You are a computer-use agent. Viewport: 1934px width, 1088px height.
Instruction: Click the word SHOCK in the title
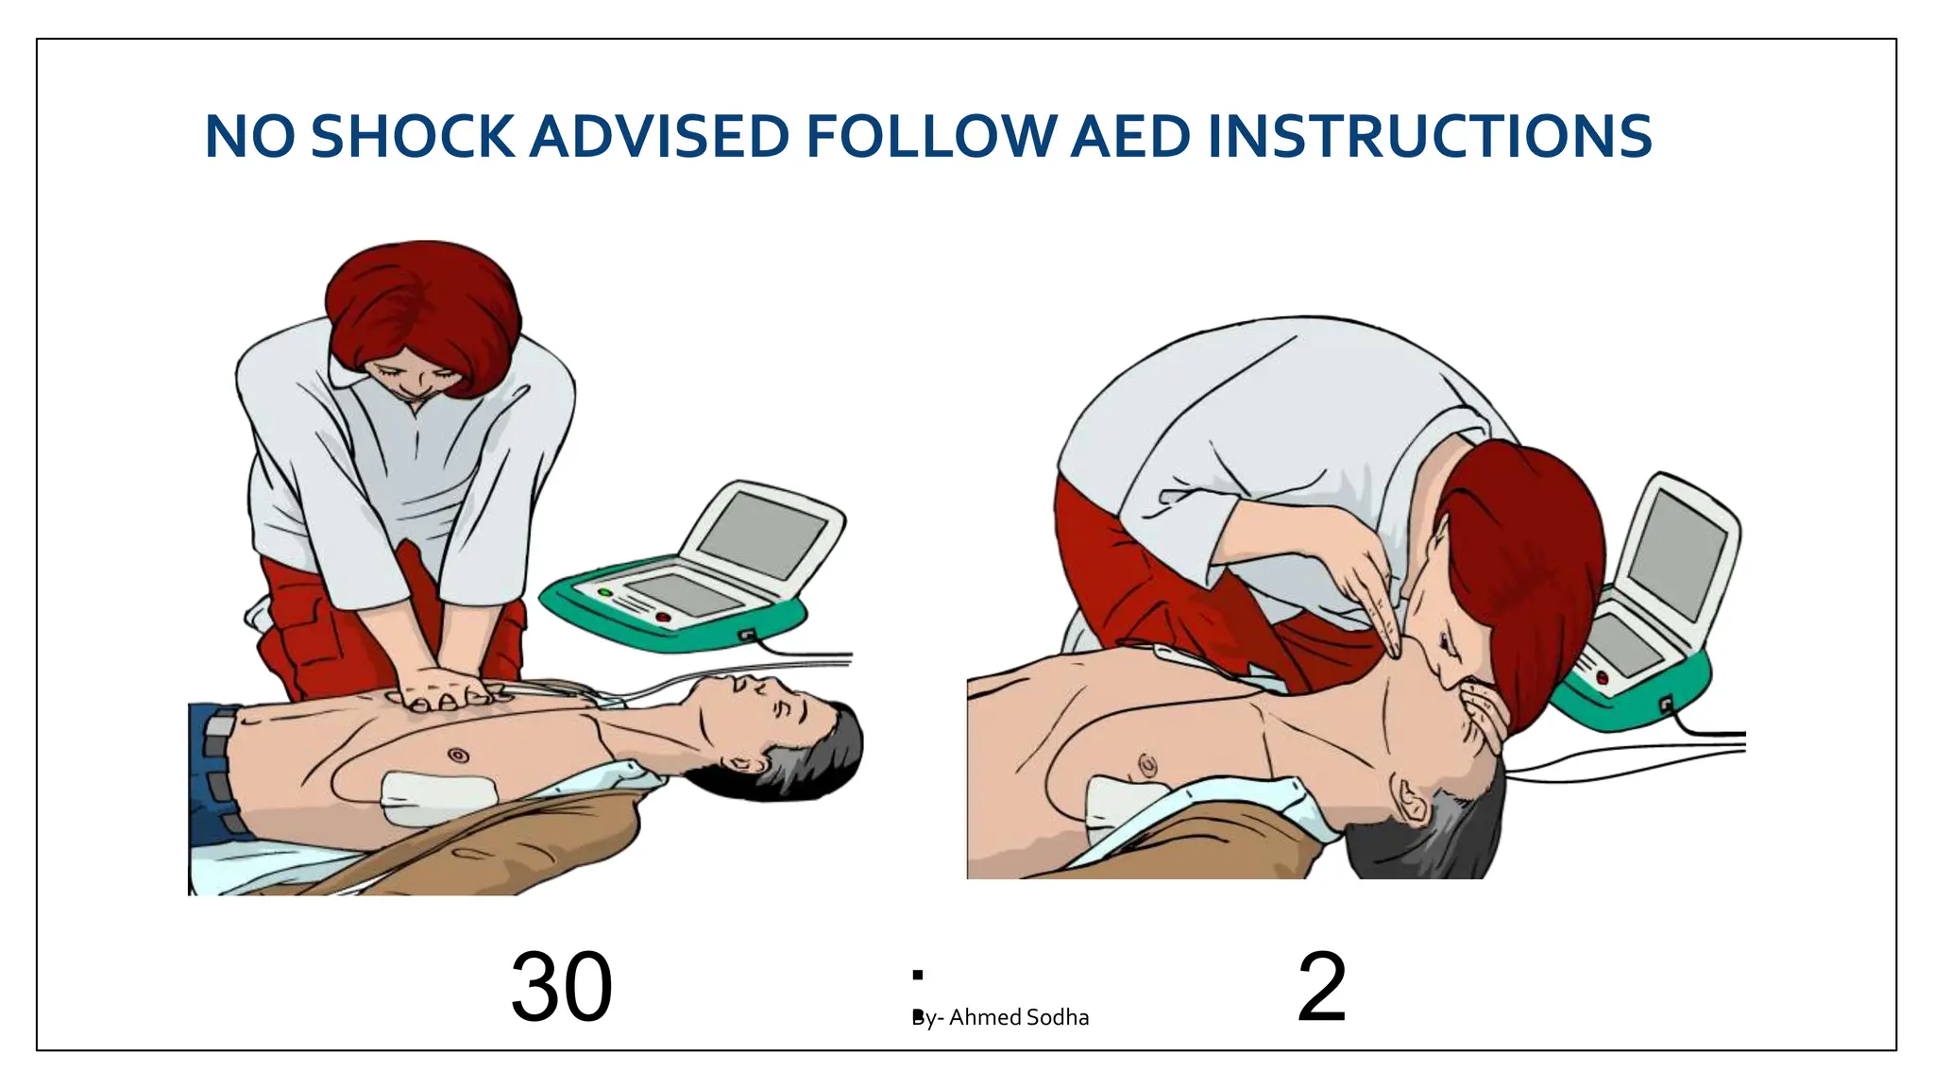[x=412, y=137]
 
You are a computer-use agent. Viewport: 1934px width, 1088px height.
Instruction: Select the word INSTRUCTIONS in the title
[x=1429, y=137]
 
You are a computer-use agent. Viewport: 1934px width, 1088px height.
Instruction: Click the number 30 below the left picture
[x=561, y=988]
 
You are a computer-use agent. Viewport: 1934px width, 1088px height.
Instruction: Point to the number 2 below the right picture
[x=1321, y=988]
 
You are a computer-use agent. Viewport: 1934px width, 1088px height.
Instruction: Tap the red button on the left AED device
[x=663, y=617]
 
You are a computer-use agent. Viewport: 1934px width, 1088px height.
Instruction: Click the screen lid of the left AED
[x=763, y=535]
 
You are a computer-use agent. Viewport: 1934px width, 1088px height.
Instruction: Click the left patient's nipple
[x=458, y=756]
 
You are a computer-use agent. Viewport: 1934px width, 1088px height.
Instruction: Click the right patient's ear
[x=1410, y=801]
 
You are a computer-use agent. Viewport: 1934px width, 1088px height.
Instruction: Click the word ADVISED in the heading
[x=659, y=137]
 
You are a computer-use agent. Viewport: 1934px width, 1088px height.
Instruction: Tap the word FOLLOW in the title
[x=930, y=137]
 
